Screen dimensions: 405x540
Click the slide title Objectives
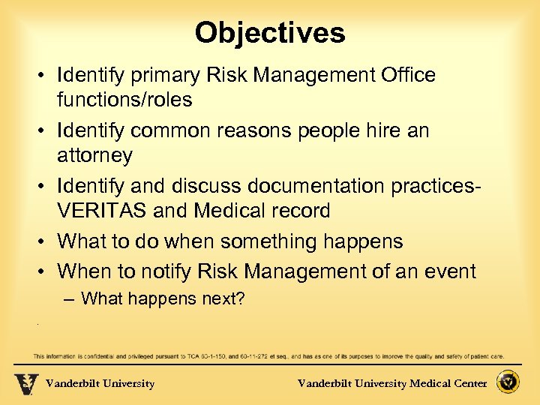[270, 33]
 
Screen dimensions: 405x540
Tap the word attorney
[94, 155]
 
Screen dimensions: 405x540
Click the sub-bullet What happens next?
[163, 298]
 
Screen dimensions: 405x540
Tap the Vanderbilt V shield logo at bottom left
[25, 383]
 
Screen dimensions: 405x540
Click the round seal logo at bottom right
[509, 382]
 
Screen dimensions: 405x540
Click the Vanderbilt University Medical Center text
[392, 384]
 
